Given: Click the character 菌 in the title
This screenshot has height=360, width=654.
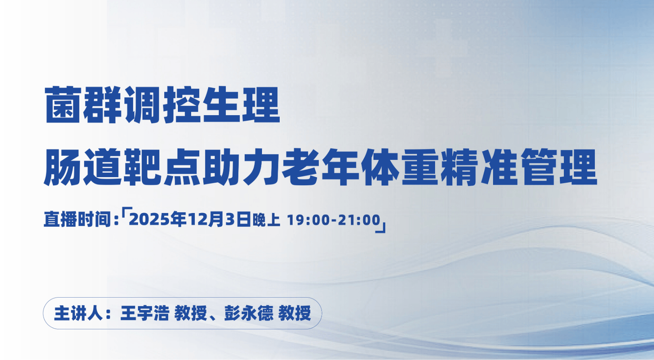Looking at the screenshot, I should click(x=63, y=105).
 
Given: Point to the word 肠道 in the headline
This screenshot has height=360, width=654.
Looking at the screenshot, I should click(x=83, y=168).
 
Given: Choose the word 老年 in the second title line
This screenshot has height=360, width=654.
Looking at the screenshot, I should click(x=320, y=168).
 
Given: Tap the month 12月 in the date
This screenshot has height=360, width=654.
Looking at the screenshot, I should click(x=206, y=219).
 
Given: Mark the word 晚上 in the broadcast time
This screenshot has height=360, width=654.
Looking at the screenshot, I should click(x=266, y=220).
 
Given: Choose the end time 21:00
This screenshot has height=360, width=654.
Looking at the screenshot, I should click(x=359, y=220).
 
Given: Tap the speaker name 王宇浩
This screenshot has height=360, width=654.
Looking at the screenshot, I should click(x=144, y=313).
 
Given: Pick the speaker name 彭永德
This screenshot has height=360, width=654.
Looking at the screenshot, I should click(x=249, y=313).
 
